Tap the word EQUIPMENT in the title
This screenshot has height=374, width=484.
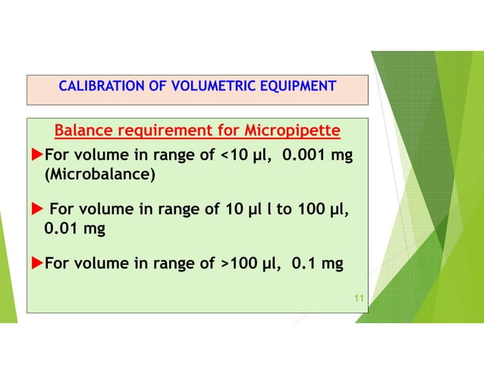(x=297, y=86)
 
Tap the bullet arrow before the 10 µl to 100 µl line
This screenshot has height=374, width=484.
(x=36, y=209)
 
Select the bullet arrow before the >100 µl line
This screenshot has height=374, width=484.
(x=36, y=263)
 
